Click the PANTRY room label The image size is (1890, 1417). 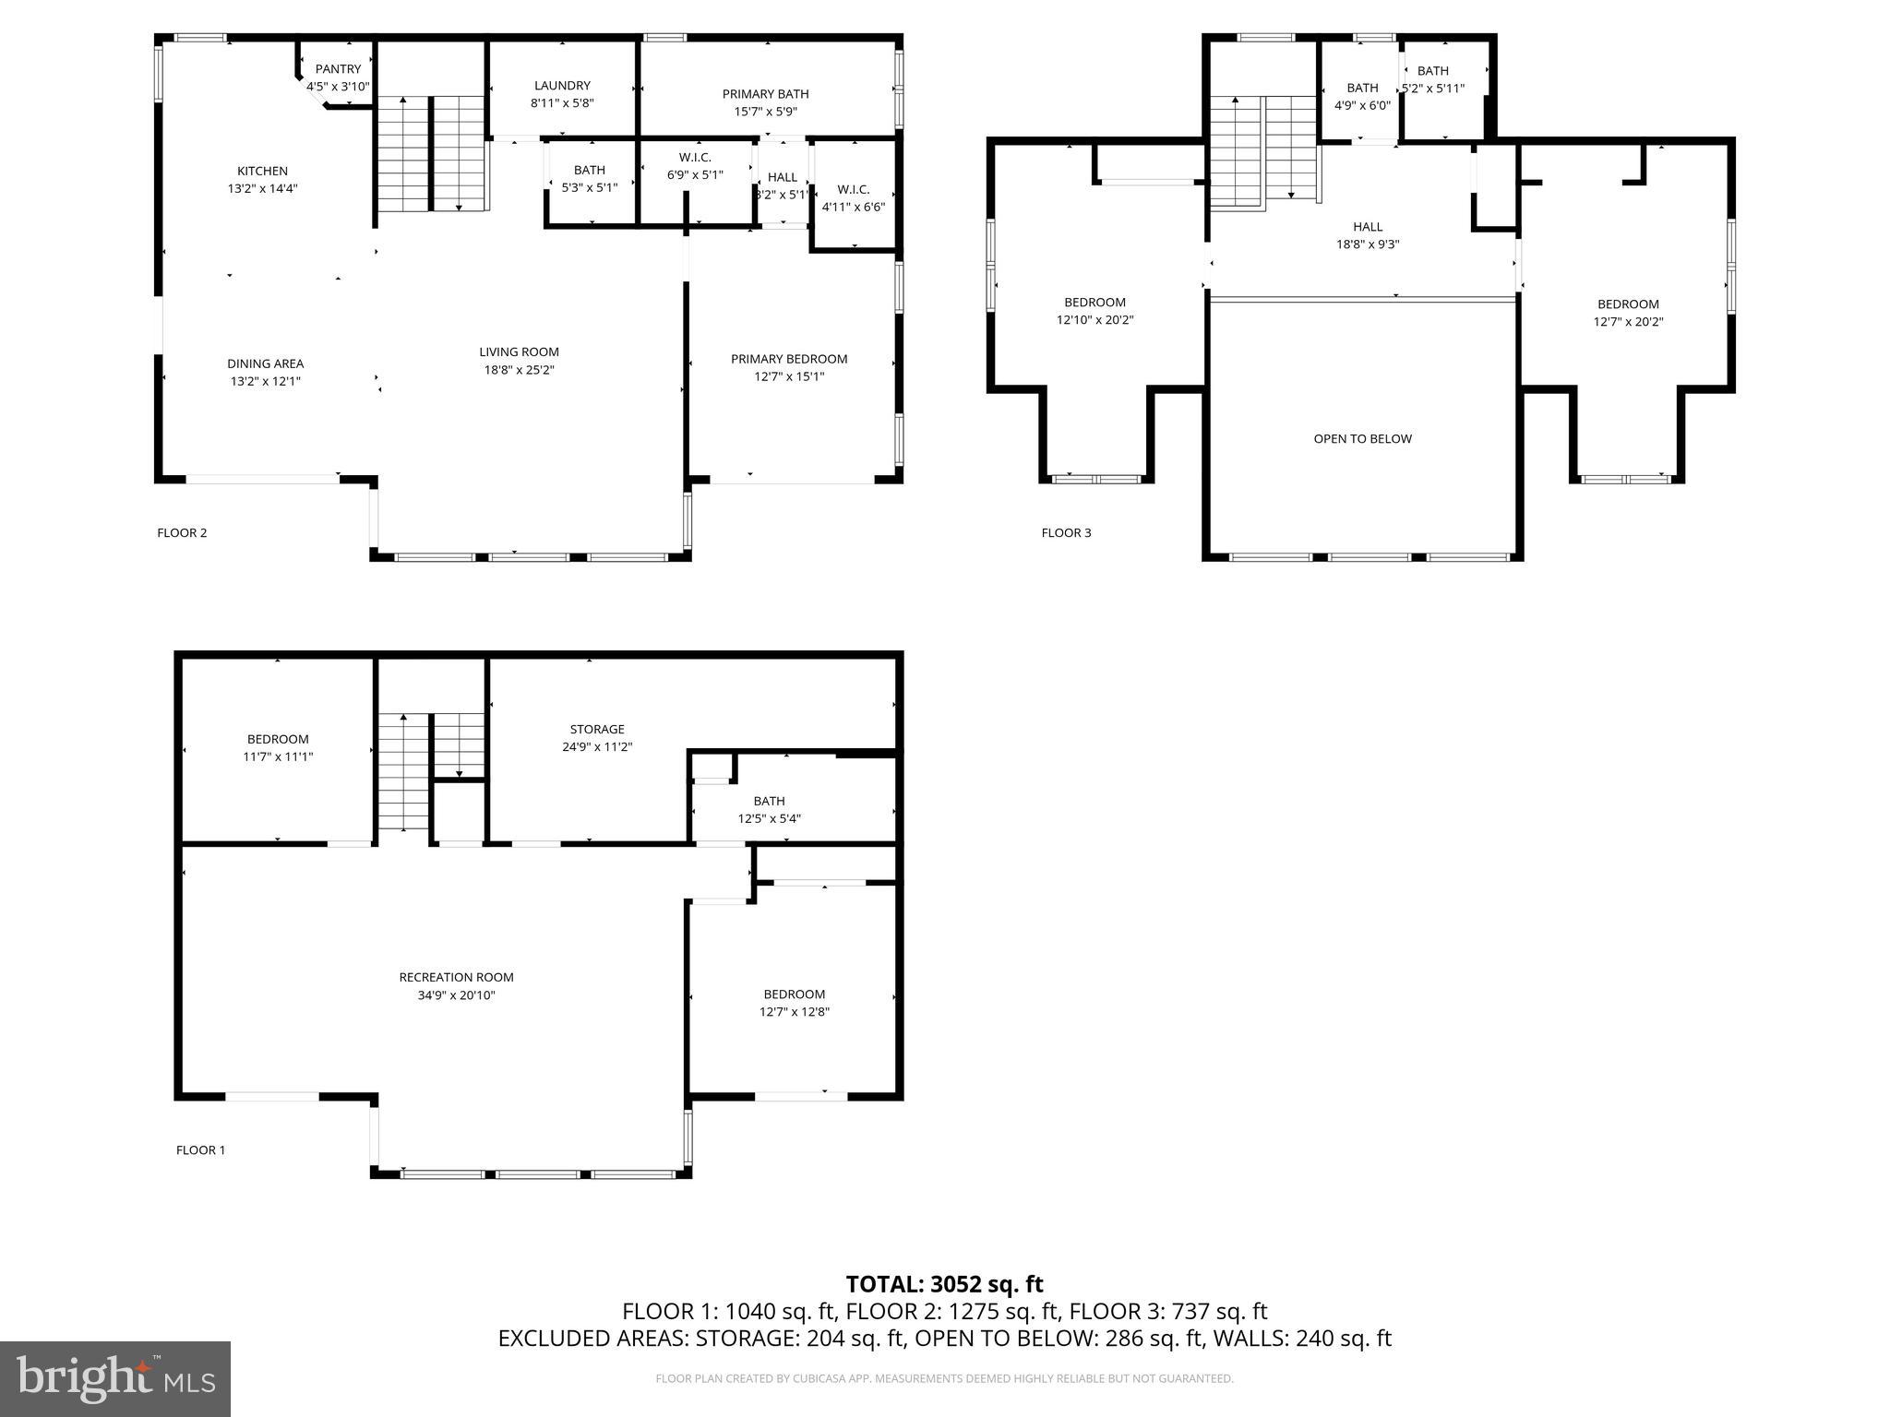tap(338, 69)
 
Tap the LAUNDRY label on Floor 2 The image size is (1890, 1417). tap(562, 86)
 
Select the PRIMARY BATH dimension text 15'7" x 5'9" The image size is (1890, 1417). tap(765, 112)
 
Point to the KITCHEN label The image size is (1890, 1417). tap(263, 171)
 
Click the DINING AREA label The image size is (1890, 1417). tap(266, 363)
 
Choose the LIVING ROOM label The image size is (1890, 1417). tap(519, 351)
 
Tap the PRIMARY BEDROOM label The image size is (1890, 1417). tap(789, 359)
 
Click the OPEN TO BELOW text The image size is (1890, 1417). tap(1362, 439)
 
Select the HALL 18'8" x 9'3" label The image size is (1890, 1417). tap(1368, 235)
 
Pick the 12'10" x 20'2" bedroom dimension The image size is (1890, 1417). tap(1095, 320)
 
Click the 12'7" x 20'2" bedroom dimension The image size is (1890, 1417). tap(1628, 322)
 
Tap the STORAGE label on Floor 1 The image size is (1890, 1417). tap(597, 729)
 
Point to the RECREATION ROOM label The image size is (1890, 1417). tap(456, 977)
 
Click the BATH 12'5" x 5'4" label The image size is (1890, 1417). tap(769, 809)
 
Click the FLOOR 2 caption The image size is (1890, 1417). tap(182, 532)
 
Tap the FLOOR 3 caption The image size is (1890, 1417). tap(1066, 532)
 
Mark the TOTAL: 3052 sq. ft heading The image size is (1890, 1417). tap(944, 1284)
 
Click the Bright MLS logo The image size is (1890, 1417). tap(115, 1378)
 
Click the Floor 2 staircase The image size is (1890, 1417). tap(431, 152)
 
